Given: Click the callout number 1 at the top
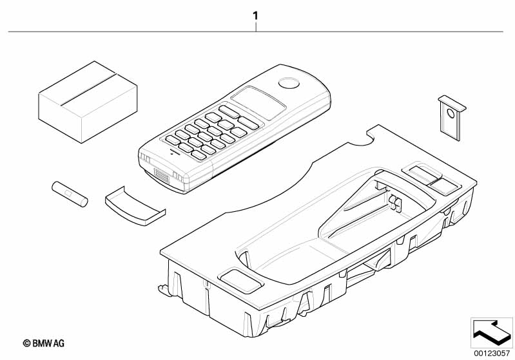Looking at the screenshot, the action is [255, 15].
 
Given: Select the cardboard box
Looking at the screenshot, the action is [88, 102].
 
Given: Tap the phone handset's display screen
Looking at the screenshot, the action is [258, 102].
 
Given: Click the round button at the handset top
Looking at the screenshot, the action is [289, 83].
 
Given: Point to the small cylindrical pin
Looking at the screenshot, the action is [70, 194].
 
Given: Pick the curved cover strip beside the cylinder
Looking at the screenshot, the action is [135, 207].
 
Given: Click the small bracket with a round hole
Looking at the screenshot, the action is [452, 117].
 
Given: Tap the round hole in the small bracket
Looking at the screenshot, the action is [451, 113].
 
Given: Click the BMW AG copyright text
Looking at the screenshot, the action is [43, 343].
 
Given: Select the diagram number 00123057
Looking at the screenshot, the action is [492, 354].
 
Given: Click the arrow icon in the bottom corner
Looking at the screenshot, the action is [492, 333].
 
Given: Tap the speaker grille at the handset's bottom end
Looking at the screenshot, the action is [162, 176].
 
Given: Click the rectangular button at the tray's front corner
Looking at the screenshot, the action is [241, 281].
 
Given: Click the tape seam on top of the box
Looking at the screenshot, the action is [88, 90].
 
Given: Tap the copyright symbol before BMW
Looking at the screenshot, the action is [26, 344].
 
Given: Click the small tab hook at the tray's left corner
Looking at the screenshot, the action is [164, 290].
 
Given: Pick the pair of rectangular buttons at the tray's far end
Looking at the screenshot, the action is [431, 179].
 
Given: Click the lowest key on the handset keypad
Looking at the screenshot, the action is [199, 155].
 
